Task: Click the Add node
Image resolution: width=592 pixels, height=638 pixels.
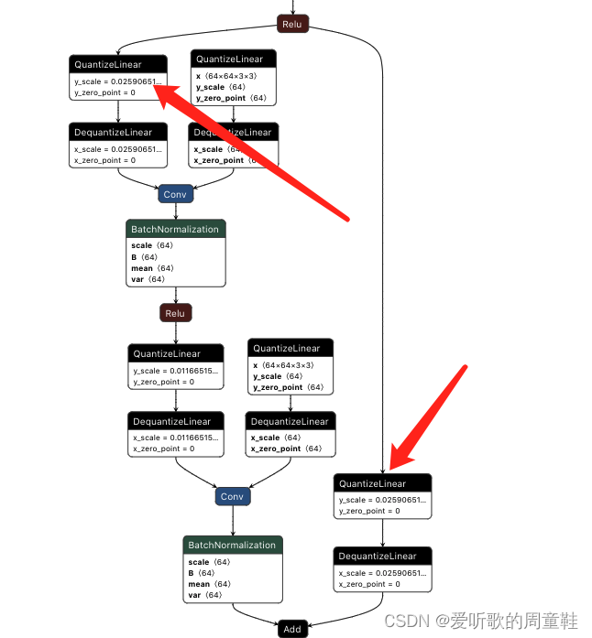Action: (x=292, y=629)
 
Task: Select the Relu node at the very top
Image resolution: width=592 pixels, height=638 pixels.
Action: (x=292, y=23)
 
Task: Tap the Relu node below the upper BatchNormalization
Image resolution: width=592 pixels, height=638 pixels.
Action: (x=175, y=313)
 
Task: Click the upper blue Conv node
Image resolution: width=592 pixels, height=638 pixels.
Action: (x=175, y=194)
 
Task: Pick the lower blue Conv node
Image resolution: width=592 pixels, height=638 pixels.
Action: (x=232, y=497)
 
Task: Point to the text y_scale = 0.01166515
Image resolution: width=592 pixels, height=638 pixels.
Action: (x=176, y=371)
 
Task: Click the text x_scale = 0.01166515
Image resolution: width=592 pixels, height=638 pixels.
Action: (x=176, y=438)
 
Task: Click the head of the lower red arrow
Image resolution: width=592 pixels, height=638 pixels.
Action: (x=393, y=468)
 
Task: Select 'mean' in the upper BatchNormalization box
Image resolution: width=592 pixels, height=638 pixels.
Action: (x=142, y=268)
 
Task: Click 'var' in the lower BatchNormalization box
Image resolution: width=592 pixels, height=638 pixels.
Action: (x=195, y=595)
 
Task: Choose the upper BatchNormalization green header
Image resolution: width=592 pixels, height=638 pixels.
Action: (x=175, y=229)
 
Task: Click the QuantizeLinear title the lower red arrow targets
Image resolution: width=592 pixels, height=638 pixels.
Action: (x=372, y=483)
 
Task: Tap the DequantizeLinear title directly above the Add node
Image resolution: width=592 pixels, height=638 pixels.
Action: (x=378, y=556)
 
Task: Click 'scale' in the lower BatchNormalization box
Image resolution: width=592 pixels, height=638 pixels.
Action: (x=198, y=562)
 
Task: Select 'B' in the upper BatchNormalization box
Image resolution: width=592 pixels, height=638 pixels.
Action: (x=135, y=257)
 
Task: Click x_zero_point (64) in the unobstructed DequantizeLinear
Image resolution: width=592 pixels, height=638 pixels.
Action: (x=287, y=449)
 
